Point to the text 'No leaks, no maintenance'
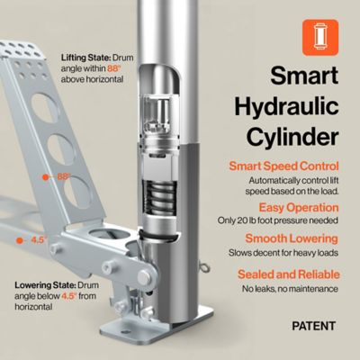290,288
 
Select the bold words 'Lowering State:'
43,285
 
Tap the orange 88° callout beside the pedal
63,177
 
